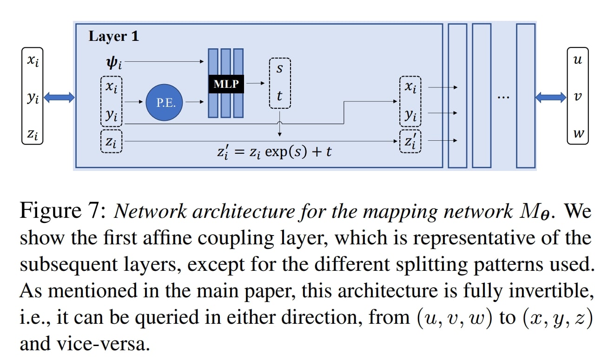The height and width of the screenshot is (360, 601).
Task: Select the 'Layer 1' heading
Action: coord(113,36)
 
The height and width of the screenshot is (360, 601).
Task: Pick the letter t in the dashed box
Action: coord(279,96)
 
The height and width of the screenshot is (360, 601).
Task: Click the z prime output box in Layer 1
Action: coord(410,141)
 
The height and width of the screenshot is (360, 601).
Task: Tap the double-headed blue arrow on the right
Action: coord(550,97)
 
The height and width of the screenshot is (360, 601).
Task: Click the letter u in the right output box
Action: coord(578,60)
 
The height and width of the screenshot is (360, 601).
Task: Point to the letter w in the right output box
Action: coord(578,134)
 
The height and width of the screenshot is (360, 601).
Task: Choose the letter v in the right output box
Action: coord(578,97)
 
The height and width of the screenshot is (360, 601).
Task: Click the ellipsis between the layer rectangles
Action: coord(503,97)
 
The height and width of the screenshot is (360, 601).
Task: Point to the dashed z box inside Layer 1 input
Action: coord(111,141)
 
